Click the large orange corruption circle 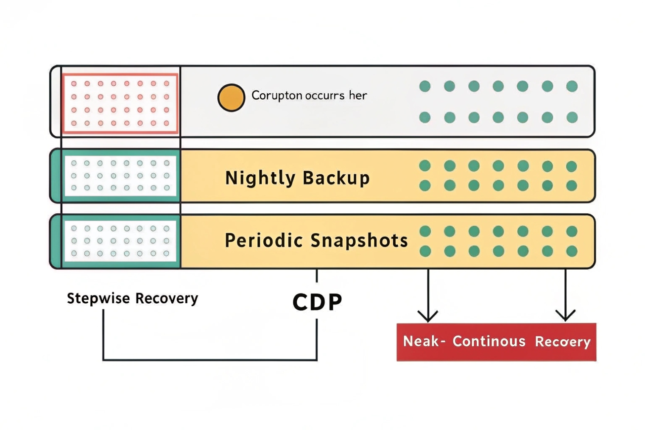[x=231, y=98]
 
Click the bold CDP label [x=317, y=302]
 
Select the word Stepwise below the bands [x=98, y=298]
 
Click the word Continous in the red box [x=489, y=341]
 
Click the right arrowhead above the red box [x=565, y=316]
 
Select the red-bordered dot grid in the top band [x=120, y=103]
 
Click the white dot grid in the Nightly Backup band [x=120, y=176]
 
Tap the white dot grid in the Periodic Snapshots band [x=120, y=241]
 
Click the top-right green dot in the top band [x=572, y=87]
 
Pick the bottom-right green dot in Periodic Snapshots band [x=572, y=251]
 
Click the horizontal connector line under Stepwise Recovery [x=210, y=360]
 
